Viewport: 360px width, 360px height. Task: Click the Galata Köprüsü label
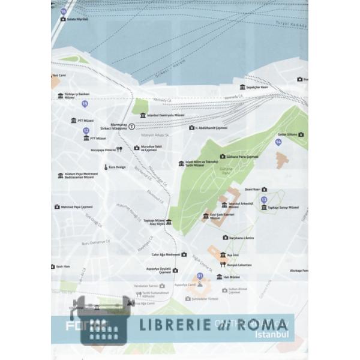[77, 19]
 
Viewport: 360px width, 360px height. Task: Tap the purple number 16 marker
[64, 11]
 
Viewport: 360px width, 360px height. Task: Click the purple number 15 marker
[85, 104]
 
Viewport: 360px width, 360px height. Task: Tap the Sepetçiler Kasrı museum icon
[242, 87]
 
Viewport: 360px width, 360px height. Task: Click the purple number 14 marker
[278, 142]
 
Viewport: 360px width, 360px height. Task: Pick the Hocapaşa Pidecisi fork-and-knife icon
[119, 149]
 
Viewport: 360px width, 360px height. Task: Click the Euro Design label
[117, 167]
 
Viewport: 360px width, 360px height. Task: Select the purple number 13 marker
[281, 199]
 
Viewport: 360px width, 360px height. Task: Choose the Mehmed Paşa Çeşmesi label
[79, 207]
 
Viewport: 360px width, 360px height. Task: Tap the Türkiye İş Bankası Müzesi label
[77, 96]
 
